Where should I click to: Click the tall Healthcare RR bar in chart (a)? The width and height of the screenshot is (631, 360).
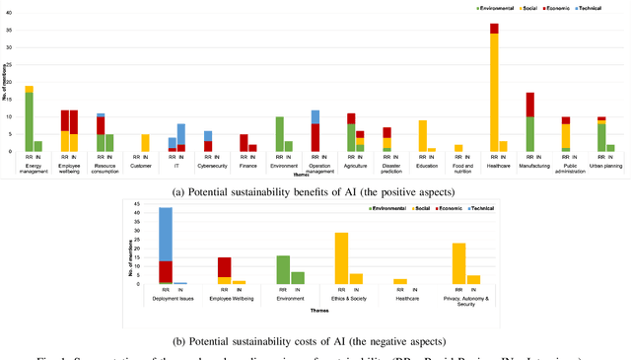point(494,88)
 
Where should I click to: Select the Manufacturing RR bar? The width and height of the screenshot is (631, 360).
point(529,122)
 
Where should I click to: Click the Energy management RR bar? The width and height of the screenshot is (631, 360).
point(29,119)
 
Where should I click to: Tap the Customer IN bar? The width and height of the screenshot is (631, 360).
point(146,143)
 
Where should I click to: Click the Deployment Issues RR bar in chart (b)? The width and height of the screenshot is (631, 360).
point(166,246)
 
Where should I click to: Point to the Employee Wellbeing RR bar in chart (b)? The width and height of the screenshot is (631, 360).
point(224,271)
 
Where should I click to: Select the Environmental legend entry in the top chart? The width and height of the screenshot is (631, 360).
point(496,6)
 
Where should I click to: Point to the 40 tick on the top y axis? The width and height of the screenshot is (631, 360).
point(11,13)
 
